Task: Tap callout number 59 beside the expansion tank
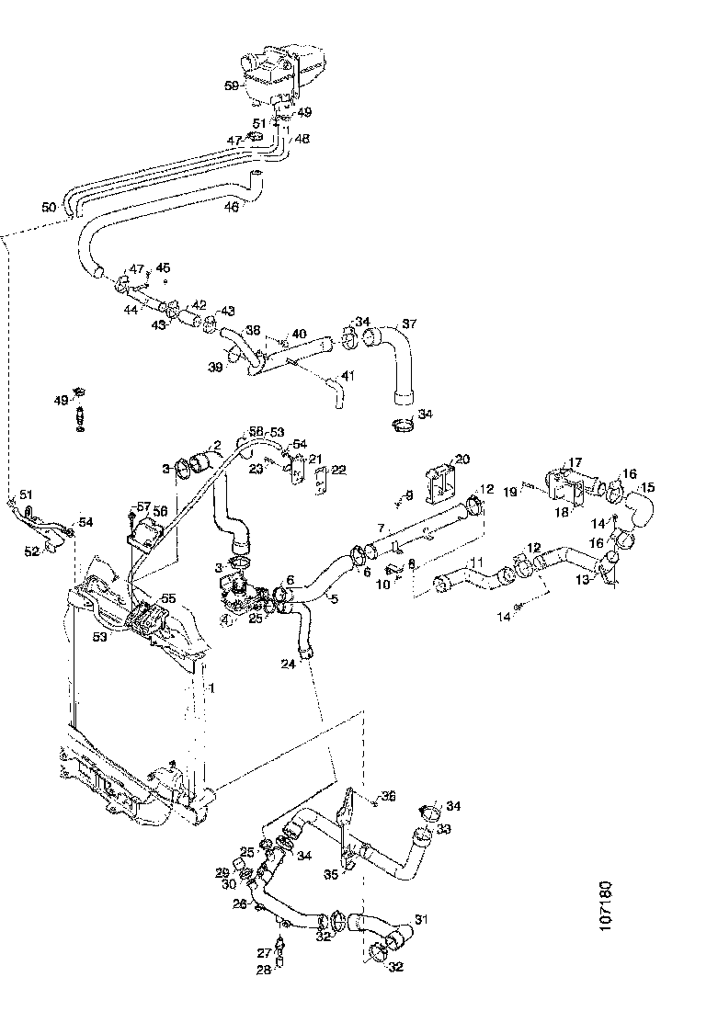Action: pyautogui.click(x=232, y=85)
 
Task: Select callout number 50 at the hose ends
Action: pyautogui.click(x=49, y=208)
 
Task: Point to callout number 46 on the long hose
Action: pyautogui.click(x=231, y=208)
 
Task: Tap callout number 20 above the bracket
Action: pyautogui.click(x=462, y=458)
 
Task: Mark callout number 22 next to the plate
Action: pyautogui.click(x=339, y=471)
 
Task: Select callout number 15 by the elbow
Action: pyautogui.click(x=647, y=488)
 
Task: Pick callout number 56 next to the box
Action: pyautogui.click(x=159, y=511)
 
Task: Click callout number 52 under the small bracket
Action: pyautogui.click(x=32, y=551)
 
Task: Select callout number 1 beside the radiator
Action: pyautogui.click(x=212, y=687)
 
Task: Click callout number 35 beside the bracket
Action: pyautogui.click(x=331, y=874)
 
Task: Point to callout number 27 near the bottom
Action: pyautogui.click(x=264, y=952)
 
